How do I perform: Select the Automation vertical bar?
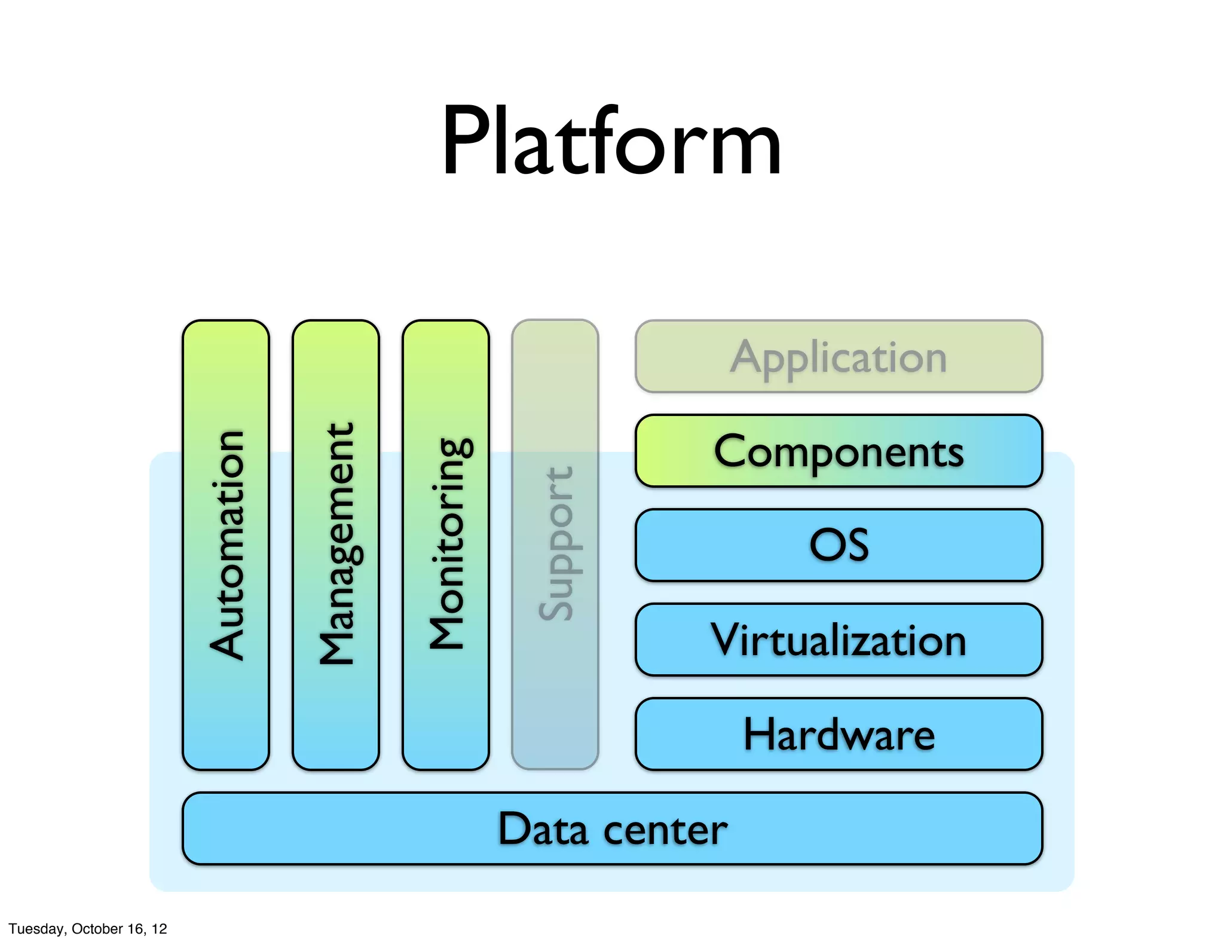tap(226, 545)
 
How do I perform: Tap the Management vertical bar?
tap(336, 545)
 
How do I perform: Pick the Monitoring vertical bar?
tap(446, 545)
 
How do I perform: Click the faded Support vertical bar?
tap(555, 545)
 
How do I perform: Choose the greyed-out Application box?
tap(839, 356)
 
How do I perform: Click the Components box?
tap(839, 451)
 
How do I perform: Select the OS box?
tap(839, 545)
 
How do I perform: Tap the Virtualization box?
tap(839, 640)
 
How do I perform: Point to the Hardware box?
tap(839, 734)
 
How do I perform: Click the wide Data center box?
tap(612, 828)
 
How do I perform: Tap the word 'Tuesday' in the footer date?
tap(35, 929)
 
